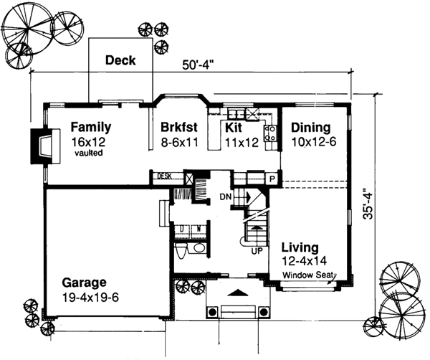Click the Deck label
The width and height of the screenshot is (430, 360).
(120, 60)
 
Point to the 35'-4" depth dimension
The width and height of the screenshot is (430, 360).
(367, 204)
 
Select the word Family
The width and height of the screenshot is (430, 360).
(91, 127)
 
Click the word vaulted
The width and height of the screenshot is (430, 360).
(87, 153)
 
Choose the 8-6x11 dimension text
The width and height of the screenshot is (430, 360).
(180, 141)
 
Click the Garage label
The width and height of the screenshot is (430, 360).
(83, 282)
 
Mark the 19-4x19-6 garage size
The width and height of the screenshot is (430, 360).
(85, 296)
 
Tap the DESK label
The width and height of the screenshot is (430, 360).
(163, 175)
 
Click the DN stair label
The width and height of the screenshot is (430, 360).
(224, 196)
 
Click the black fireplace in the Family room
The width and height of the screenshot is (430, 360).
(41, 146)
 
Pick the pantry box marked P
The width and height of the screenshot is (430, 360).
(272, 178)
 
